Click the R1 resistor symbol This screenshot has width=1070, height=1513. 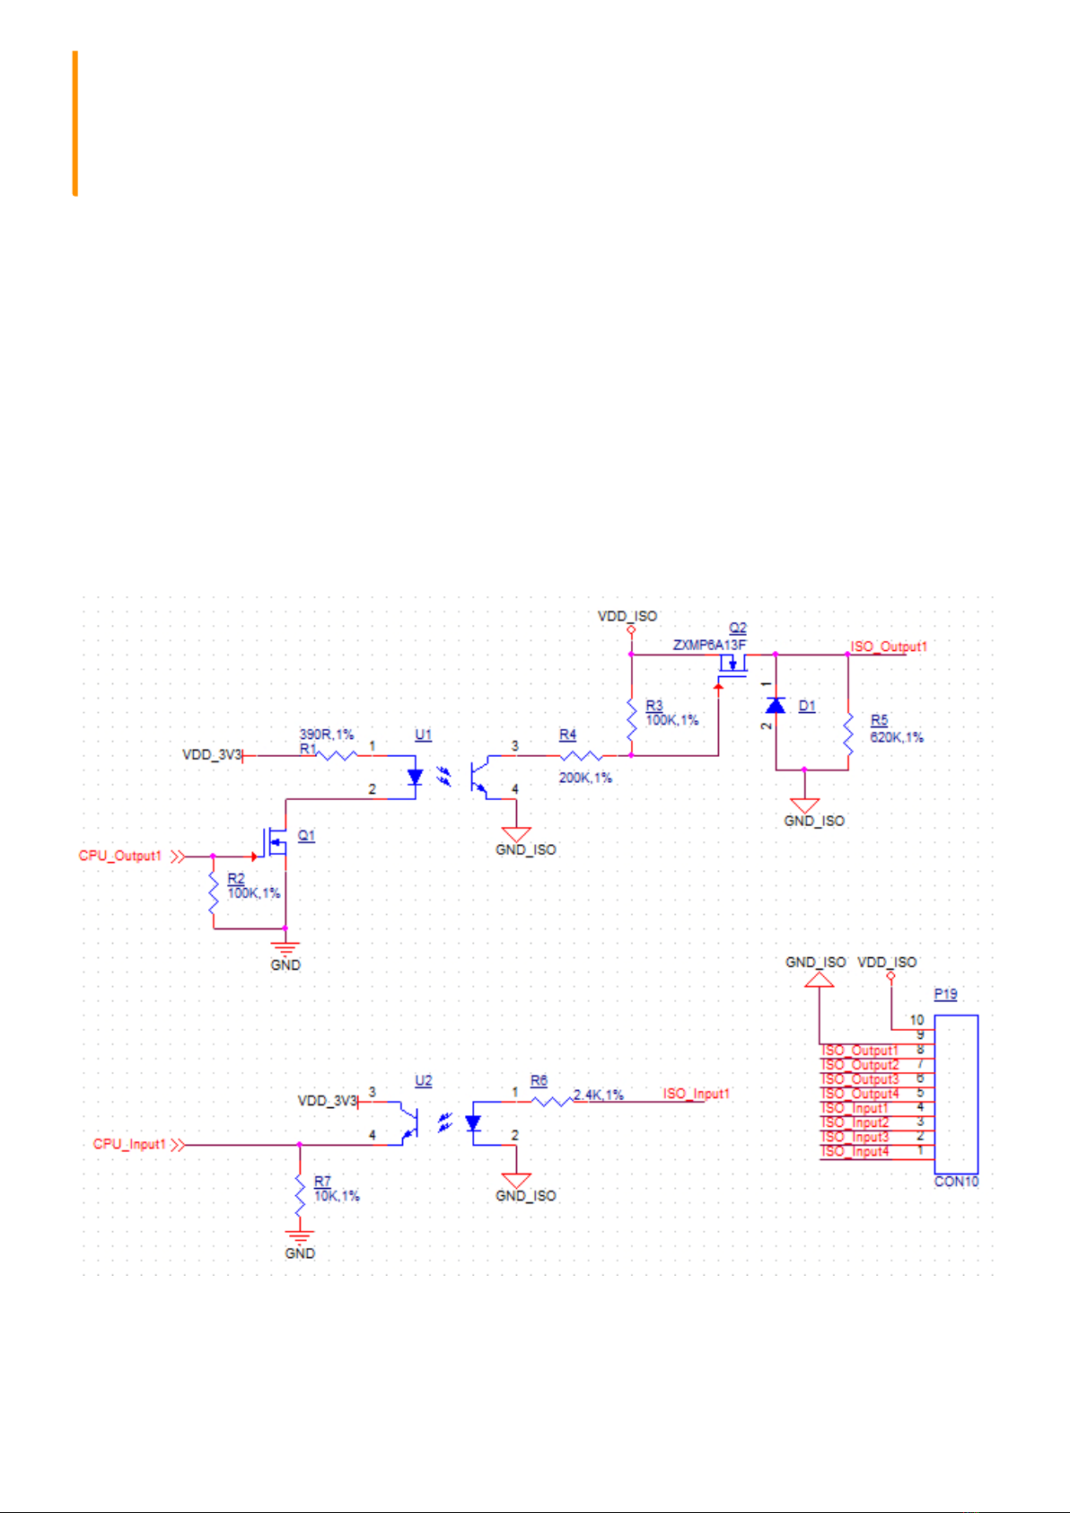click(337, 755)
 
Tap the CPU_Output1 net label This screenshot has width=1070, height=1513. click(120, 856)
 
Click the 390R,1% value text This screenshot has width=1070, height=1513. click(327, 735)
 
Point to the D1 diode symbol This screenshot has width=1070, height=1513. click(775, 706)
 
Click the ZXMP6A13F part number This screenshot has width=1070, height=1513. click(709, 645)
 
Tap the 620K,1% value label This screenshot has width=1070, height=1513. click(897, 737)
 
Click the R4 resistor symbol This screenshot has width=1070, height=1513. click(581, 755)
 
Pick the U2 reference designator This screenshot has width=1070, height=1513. click(424, 1081)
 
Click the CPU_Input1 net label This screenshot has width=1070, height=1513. click(129, 1144)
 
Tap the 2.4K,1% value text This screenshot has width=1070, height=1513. click(599, 1095)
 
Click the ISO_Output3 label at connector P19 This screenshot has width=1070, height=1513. click(860, 1079)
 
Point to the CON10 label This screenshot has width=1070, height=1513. click(956, 1182)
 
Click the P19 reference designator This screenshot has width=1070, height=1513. click(945, 994)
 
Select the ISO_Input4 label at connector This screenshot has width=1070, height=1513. click(855, 1152)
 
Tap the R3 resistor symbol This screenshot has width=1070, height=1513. click(631, 721)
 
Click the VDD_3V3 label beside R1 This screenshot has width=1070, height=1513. click(212, 754)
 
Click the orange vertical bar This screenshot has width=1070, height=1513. click(75, 124)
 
